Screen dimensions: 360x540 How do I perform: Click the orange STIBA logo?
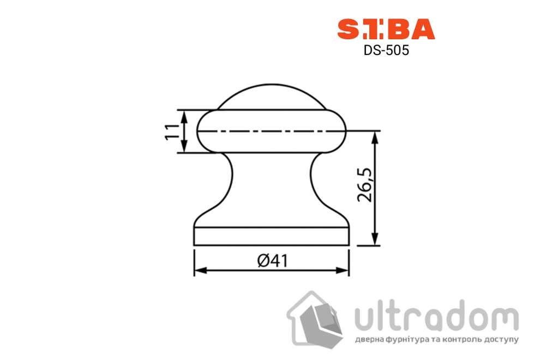click(x=386, y=29)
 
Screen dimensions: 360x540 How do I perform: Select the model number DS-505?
click(x=386, y=51)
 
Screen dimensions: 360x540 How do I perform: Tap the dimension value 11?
click(x=172, y=131)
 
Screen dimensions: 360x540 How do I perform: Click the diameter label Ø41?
click(x=271, y=261)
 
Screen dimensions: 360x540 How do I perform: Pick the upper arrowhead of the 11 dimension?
click(x=184, y=115)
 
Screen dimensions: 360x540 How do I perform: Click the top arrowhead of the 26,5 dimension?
click(x=375, y=136)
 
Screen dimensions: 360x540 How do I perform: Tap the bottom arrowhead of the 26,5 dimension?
click(x=375, y=240)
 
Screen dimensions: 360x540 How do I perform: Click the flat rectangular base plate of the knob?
click(x=272, y=236)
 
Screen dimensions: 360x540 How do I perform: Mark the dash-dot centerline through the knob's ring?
click(x=271, y=131)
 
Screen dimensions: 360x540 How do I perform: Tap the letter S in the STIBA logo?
click(x=347, y=29)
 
